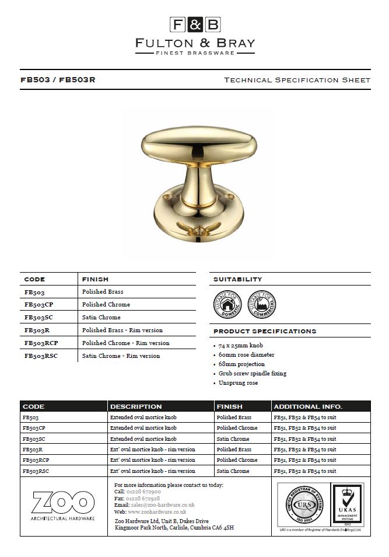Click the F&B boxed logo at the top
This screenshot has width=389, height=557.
[195, 25]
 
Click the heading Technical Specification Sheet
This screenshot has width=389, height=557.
[297, 80]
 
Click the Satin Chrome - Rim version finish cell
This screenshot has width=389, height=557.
[121, 356]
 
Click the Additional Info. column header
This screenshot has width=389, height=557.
[308, 406]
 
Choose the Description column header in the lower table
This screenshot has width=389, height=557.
[136, 406]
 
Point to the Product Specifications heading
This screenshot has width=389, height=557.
[265, 331]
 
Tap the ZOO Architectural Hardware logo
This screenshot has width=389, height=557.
[64, 506]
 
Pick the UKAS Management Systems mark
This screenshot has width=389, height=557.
[347, 505]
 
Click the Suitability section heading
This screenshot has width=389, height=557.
[238, 279]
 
